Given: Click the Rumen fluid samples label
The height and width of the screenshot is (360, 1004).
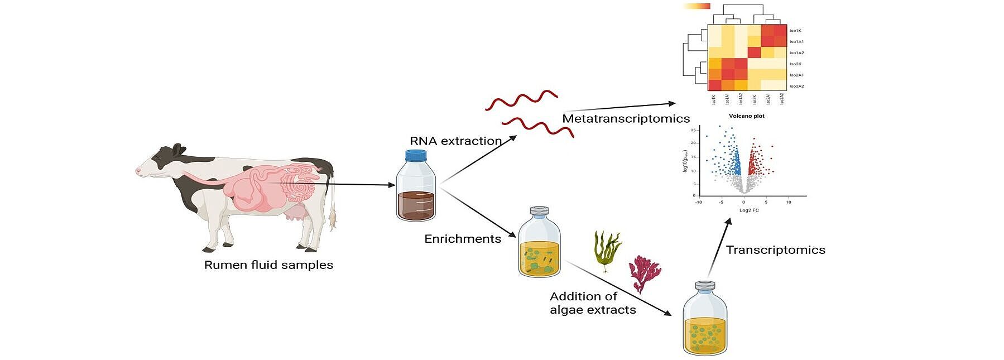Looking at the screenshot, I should point(268,265).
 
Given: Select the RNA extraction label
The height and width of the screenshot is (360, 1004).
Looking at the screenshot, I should point(455,141).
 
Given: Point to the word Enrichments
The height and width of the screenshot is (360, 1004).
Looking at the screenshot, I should point(463,239).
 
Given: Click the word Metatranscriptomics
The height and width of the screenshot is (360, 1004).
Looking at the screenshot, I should point(626,118).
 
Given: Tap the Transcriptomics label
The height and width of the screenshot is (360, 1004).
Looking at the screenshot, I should point(775,250).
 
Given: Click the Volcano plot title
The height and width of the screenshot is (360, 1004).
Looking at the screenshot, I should point(746,116).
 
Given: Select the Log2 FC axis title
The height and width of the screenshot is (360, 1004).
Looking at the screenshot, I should point(749,210).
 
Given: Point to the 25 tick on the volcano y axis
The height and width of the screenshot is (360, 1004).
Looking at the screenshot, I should point(693,130).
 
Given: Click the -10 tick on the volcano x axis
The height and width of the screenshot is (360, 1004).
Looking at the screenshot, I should point(699,202).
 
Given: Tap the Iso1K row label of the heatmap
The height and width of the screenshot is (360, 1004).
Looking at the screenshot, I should point(795,31).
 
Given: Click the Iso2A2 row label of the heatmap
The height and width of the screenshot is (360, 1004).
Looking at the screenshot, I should point(796,86).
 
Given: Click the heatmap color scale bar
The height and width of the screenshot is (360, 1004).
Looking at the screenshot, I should point(696,7).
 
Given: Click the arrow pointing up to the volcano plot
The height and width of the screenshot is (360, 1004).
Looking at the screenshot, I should point(720,246).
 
